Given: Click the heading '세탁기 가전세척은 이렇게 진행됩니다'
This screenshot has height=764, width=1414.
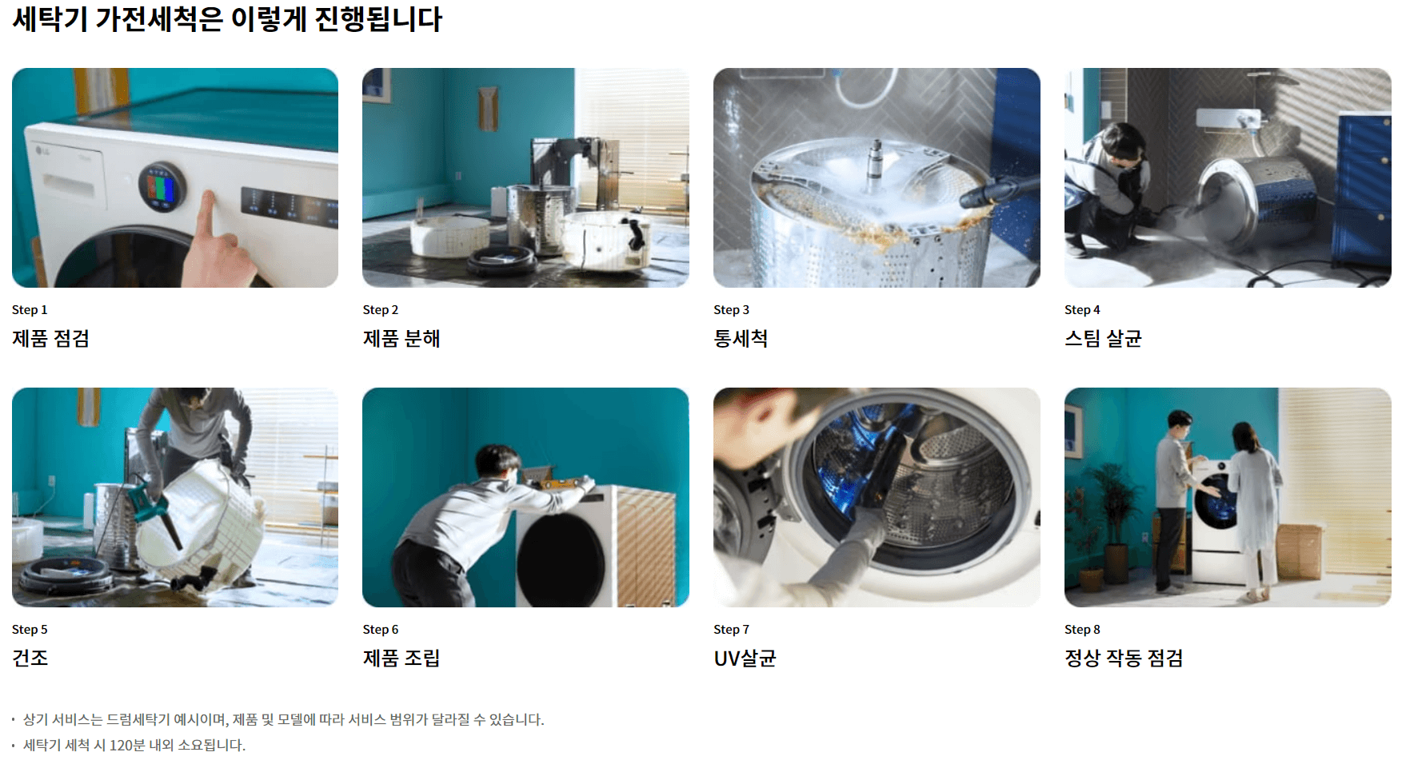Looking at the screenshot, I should [227, 19].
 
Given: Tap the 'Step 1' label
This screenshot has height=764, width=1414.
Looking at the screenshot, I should [30, 310].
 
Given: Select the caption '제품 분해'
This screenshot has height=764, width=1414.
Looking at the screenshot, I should [401, 339].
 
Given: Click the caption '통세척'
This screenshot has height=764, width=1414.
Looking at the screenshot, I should [741, 339].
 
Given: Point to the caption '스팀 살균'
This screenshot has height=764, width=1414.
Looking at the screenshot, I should [1103, 339].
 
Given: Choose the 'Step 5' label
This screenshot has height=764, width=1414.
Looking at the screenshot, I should [30, 630].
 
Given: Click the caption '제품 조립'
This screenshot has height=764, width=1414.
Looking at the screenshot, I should [401, 659].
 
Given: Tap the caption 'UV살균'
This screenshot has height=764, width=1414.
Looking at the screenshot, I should [745, 659].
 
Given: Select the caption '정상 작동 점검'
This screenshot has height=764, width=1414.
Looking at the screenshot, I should [1124, 659].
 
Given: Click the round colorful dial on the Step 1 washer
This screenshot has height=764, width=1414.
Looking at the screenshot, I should [162, 188].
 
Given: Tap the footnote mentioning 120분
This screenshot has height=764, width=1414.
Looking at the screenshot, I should [134, 746].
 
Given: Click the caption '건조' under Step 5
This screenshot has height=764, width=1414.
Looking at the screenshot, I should [30, 659].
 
